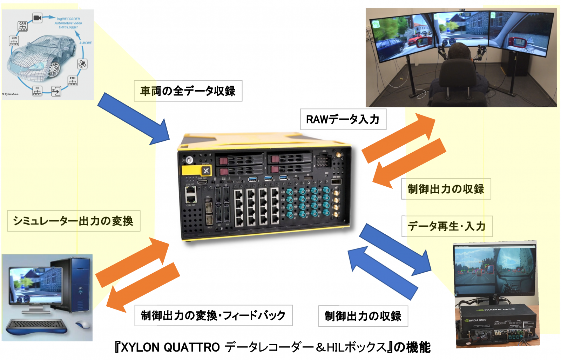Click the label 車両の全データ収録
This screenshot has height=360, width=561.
[188, 91]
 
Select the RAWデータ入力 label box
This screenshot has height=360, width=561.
[343, 119]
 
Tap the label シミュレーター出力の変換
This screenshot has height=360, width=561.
[73, 221]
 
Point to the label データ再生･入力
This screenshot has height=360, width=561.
[447, 226]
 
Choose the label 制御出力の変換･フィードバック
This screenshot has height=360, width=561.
[213, 315]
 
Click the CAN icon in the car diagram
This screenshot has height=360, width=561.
[22, 26]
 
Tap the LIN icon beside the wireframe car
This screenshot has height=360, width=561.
[14, 40]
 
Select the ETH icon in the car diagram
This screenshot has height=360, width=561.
[72, 81]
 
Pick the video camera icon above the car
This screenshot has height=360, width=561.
[37, 18]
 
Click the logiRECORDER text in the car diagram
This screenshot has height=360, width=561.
[68, 19]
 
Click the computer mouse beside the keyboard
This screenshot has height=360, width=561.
[83, 325]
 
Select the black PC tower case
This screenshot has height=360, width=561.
[76, 284]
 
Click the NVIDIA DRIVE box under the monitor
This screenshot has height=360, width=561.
[498, 323]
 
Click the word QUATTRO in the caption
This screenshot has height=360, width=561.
[191, 347]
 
